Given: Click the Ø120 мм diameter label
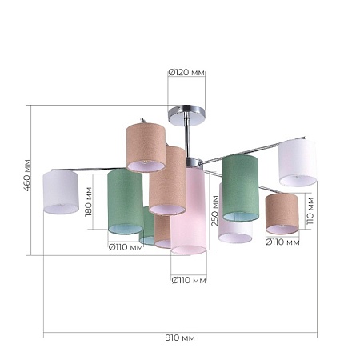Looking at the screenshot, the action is pyautogui.click(x=186, y=72).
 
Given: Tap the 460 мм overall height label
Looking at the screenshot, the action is pyautogui.click(x=27, y=175).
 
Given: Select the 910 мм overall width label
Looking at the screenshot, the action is pyautogui.click(x=180, y=338).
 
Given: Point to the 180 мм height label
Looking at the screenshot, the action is pyautogui.click(x=88, y=202).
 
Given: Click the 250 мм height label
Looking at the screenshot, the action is pyautogui.click(x=214, y=210).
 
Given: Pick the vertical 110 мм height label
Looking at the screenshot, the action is pyautogui.click(x=310, y=211).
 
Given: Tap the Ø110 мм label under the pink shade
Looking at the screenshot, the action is pyautogui.click(x=189, y=280).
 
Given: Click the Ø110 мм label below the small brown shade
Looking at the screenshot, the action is pyautogui.click(x=282, y=242).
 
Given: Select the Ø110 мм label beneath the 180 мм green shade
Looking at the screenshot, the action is pyautogui.click(x=126, y=247).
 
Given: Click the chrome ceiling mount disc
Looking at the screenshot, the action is pyautogui.click(x=186, y=115).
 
